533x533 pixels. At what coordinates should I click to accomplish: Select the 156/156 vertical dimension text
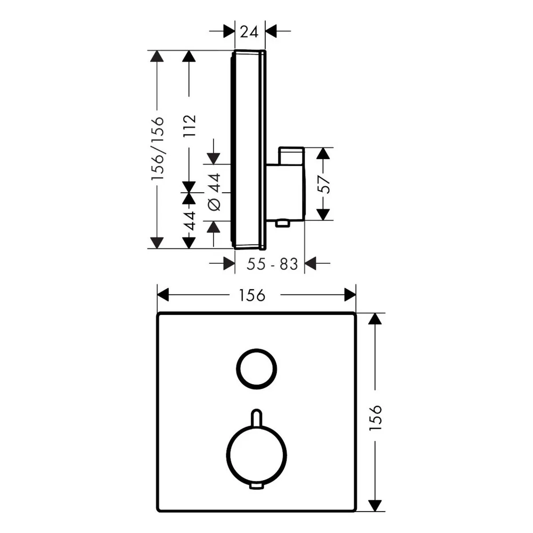coord(158,148)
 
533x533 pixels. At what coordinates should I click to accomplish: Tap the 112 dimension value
coord(190,126)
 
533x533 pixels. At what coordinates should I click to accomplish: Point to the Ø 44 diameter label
coord(215,192)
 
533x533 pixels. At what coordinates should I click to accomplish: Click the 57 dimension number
coord(323,184)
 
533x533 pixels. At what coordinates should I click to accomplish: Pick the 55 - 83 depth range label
coord(272,264)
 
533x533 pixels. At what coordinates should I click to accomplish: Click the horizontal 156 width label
coord(252,295)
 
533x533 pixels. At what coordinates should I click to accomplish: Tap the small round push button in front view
coord(257,369)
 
